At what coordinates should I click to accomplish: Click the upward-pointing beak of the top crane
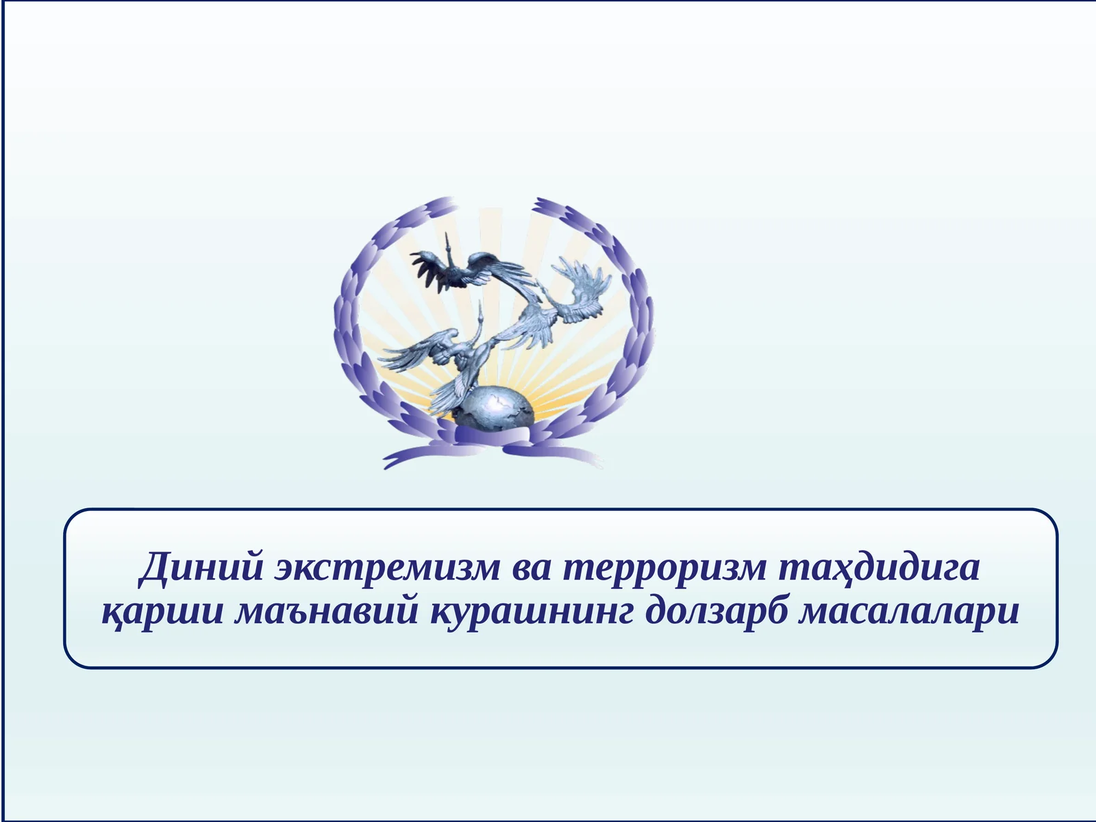pyautogui.click(x=447, y=238)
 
